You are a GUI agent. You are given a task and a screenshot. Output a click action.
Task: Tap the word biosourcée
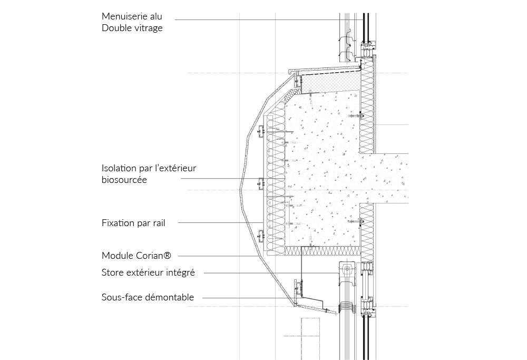click(124, 180)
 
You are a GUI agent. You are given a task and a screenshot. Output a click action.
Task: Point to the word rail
click(158, 223)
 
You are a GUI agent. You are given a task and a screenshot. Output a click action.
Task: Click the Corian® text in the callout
click(153, 256)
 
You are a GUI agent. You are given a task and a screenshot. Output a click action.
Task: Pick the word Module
click(118, 256)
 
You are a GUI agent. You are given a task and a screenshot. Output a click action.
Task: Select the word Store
click(112, 273)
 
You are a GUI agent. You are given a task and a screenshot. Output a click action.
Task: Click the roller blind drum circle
click(346, 269)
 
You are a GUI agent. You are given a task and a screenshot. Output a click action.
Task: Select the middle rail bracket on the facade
click(261, 183)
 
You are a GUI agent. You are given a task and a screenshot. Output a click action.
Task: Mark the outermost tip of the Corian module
click(239, 191)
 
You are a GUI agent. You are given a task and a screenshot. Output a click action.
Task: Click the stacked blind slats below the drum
click(346, 307)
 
